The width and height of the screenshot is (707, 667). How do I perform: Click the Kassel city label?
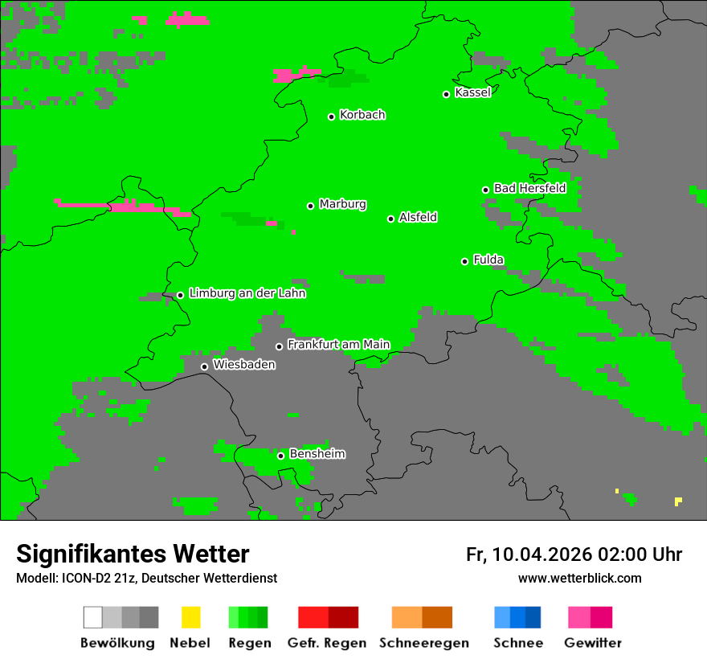(x=472, y=92)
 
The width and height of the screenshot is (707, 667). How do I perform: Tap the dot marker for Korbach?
(x=331, y=117)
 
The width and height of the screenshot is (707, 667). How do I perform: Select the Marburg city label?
(x=342, y=204)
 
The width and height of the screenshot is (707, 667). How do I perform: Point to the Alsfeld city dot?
(x=390, y=219)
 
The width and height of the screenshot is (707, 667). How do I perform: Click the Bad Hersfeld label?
(x=529, y=188)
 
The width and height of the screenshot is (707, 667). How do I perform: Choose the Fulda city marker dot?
(x=464, y=261)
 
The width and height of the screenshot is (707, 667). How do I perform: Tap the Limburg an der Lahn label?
(x=247, y=293)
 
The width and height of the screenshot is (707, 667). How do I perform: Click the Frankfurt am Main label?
(x=338, y=345)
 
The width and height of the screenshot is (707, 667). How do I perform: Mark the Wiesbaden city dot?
(x=204, y=366)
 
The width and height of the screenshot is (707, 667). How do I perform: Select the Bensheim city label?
(x=317, y=454)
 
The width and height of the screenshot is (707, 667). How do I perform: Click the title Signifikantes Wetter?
(x=133, y=554)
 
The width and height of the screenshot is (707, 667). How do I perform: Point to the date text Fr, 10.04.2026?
(x=529, y=554)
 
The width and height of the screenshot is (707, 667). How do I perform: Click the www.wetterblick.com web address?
(x=579, y=578)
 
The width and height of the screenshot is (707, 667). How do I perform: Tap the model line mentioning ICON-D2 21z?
(x=146, y=578)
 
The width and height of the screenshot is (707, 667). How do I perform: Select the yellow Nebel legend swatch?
(x=190, y=617)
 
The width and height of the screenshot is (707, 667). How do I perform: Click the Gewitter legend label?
(x=592, y=643)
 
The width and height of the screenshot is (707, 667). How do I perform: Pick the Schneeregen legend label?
(x=423, y=643)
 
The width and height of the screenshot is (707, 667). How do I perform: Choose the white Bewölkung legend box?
(x=92, y=617)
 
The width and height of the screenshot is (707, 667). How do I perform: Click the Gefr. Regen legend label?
(x=327, y=643)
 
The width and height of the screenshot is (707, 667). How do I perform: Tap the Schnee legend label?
(x=517, y=643)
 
